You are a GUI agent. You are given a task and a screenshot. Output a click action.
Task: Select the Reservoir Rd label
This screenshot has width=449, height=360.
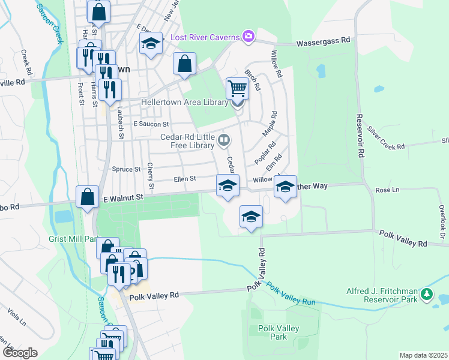[x=360, y=136]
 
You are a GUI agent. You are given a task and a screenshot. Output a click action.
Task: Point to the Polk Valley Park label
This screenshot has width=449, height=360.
[x=278, y=332]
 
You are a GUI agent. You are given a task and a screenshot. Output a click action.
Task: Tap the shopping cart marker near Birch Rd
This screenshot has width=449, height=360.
[x=238, y=88]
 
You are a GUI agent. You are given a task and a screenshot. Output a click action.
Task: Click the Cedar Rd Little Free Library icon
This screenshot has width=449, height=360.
[x=224, y=140]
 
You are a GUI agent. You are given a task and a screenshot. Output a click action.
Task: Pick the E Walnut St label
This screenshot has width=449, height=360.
[x=123, y=197]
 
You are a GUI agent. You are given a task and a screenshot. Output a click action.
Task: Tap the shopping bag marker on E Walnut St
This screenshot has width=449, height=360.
[x=88, y=196]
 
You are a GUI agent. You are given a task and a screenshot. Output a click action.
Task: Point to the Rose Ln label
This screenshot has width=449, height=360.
[x=387, y=190]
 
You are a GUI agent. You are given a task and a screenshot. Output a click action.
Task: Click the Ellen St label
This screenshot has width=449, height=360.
[x=185, y=179]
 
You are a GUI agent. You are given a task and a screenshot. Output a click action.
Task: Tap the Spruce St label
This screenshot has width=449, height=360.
[x=126, y=169]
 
